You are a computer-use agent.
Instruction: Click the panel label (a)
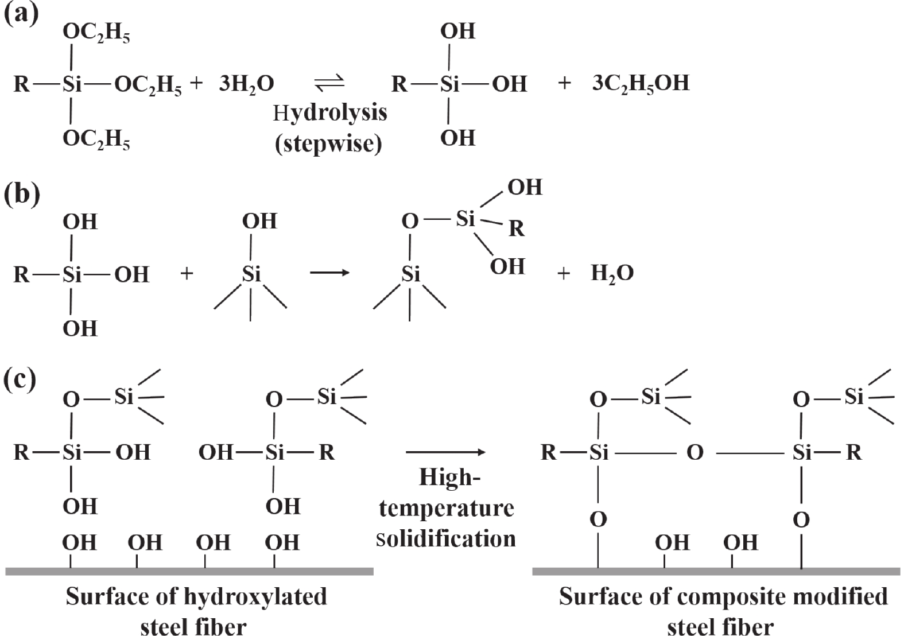click(21, 13)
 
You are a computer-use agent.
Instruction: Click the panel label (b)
click(22, 195)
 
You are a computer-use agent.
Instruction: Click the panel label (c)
click(21, 379)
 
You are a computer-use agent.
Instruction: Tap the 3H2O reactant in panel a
click(246, 84)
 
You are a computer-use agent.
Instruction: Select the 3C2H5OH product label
click(640, 84)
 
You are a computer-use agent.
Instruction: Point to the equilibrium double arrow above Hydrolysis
click(329, 83)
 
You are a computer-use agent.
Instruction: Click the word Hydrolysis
click(329, 113)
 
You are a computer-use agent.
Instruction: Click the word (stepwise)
click(328, 142)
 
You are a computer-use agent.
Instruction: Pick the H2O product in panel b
click(612, 274)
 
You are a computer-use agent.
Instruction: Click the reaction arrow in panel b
click(329, 273)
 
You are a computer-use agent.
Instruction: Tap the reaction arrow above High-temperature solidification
click(445, 452)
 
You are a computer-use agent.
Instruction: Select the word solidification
click(445, 538)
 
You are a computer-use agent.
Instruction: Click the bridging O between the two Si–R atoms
click(695, 453)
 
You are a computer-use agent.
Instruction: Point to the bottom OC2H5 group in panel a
click(96, 139)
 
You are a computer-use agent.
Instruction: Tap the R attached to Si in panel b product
click(516, 229)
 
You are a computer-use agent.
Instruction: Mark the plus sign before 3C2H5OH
click(564, 84)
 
